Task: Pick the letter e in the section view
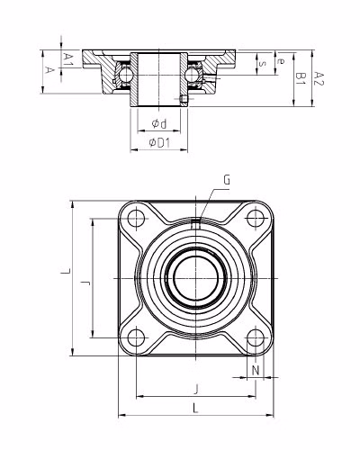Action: click(281, 61)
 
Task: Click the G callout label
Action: click(226, 180)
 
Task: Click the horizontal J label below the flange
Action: click(196, 388)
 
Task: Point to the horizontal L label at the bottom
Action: click(196, 409)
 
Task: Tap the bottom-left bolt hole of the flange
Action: click(136, 338)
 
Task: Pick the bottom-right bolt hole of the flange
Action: click(256, 338)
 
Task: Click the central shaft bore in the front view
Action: click(196, 278)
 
